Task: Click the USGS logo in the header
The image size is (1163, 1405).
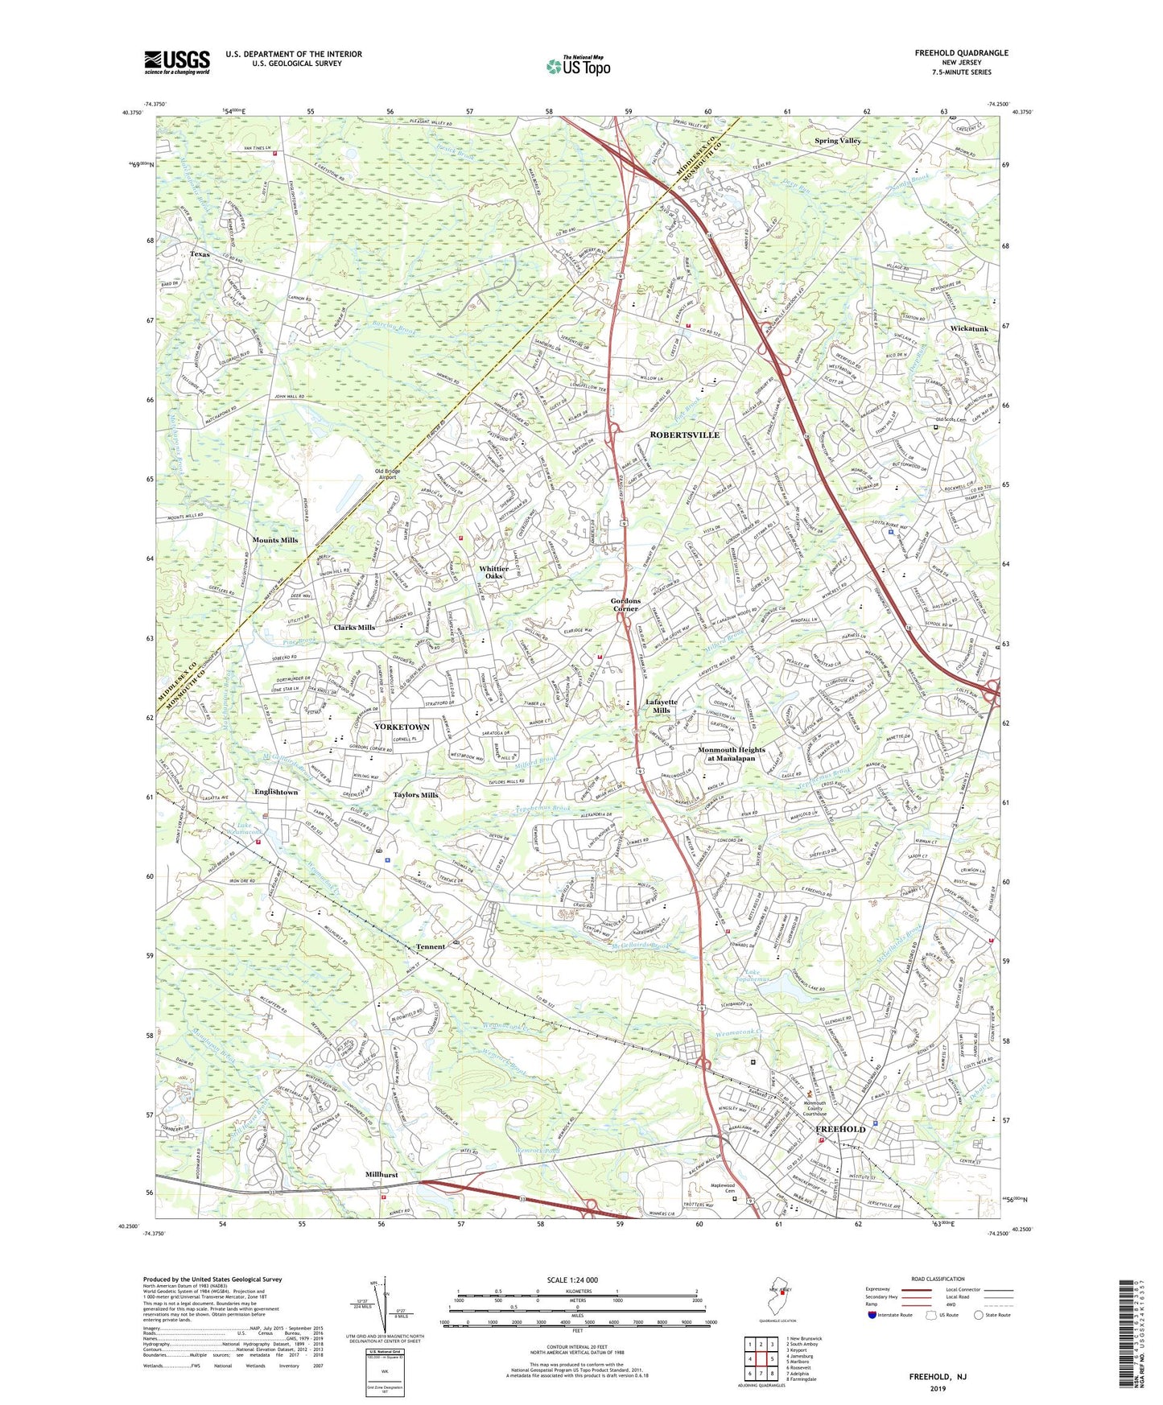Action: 177,62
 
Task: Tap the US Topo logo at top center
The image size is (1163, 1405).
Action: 577,66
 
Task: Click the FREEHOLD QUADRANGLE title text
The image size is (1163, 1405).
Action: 960,53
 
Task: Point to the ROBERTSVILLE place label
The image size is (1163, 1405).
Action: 684,435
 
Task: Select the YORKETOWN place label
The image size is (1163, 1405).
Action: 402,727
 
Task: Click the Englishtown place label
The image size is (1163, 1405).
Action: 276,792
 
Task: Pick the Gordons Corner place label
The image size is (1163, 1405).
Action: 625,605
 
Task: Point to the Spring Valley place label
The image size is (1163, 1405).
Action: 837,141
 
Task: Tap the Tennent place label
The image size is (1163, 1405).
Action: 431,946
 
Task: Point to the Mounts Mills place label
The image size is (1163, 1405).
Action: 275,540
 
